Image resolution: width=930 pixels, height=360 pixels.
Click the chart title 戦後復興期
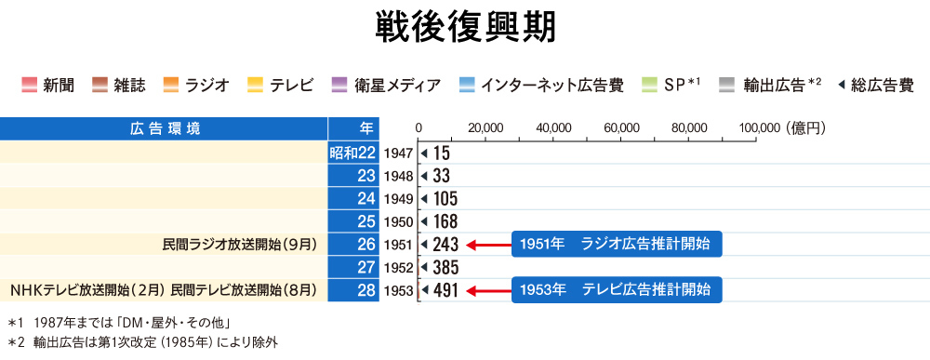tap(465, 28)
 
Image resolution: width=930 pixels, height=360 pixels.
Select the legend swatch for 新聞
tap(29, 86)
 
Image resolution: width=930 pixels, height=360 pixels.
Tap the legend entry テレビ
tap(292, 86)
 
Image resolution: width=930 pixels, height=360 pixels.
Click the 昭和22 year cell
tap(352, 152)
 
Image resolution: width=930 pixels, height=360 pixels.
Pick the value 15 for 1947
tap(442, 152)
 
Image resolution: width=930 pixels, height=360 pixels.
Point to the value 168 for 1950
tap(445, 221)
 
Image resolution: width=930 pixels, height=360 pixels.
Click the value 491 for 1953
tap(445, 291)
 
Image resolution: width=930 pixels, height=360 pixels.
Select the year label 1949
tap(397, 198)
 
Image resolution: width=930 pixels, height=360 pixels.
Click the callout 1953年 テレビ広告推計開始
tap(616, 290)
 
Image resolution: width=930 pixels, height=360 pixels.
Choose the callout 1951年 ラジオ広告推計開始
tap(616, 244)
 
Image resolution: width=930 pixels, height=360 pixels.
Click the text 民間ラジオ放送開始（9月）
tap(240, 245)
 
